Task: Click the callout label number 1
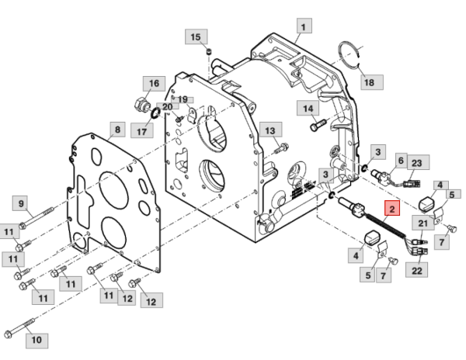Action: click(302, 26)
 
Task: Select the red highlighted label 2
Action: click(392, 208)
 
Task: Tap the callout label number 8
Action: click(116, 130)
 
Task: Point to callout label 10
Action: click(36, 339)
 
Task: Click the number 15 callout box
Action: click(195, 37)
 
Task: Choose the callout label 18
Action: click(368, 81)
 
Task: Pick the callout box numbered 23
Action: click(416, 163)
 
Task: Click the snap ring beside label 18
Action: click(352, 56)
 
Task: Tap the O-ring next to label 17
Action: click(155, 115)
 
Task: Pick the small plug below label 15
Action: click(209, 52)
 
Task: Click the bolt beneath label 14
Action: click(315, 124)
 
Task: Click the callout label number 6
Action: click(401, 160)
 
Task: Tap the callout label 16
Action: click(152, 83)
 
